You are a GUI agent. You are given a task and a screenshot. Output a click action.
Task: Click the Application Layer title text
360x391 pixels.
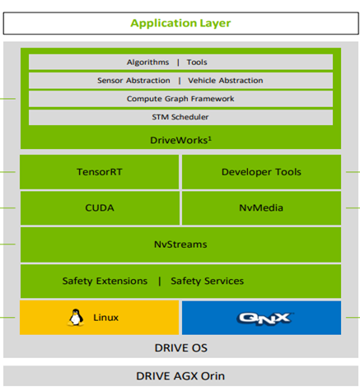click(x=180, y=23)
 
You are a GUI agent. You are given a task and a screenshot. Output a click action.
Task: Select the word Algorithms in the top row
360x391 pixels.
click(x=147, y=63)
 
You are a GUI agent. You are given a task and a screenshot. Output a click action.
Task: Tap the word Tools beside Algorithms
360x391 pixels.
click(x=197, y=63)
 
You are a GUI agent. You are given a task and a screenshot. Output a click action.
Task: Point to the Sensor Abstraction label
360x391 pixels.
click(x=133, y=81)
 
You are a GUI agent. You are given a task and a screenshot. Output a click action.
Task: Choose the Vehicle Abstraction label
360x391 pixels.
click(x=226, y=81)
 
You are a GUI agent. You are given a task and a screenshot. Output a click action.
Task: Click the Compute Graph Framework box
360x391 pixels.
click(x=180, y=99)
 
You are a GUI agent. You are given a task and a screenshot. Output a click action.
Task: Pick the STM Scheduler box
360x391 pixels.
click(x=180, y=117)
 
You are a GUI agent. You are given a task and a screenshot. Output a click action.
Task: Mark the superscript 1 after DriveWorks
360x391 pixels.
click(x=210, y=138)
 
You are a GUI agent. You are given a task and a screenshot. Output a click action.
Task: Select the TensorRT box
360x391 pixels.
click(x=99, y=172)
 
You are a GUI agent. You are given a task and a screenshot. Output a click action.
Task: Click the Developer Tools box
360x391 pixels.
click(x=261, y=172)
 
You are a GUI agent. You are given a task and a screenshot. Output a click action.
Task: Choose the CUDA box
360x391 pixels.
click(x=100, y=208)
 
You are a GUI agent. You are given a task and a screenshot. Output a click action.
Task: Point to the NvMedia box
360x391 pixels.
click(x=261, y=208)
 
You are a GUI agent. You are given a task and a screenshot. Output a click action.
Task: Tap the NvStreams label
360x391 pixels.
click(x=180, y=244)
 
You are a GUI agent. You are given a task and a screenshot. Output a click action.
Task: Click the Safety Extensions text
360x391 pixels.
click(x=105, y=281)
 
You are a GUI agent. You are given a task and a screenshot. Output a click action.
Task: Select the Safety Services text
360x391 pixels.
click(x=208, y=281)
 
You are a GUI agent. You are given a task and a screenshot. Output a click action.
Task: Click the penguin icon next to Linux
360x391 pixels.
click(x=76, y=318)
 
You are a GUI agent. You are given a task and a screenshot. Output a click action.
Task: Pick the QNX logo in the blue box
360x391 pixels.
click(x=265, y=319)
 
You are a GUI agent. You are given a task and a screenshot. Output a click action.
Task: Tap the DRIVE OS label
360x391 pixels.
click(x=181, y=348)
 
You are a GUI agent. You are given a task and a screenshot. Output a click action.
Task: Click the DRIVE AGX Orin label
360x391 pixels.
click(x=180, y=376)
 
